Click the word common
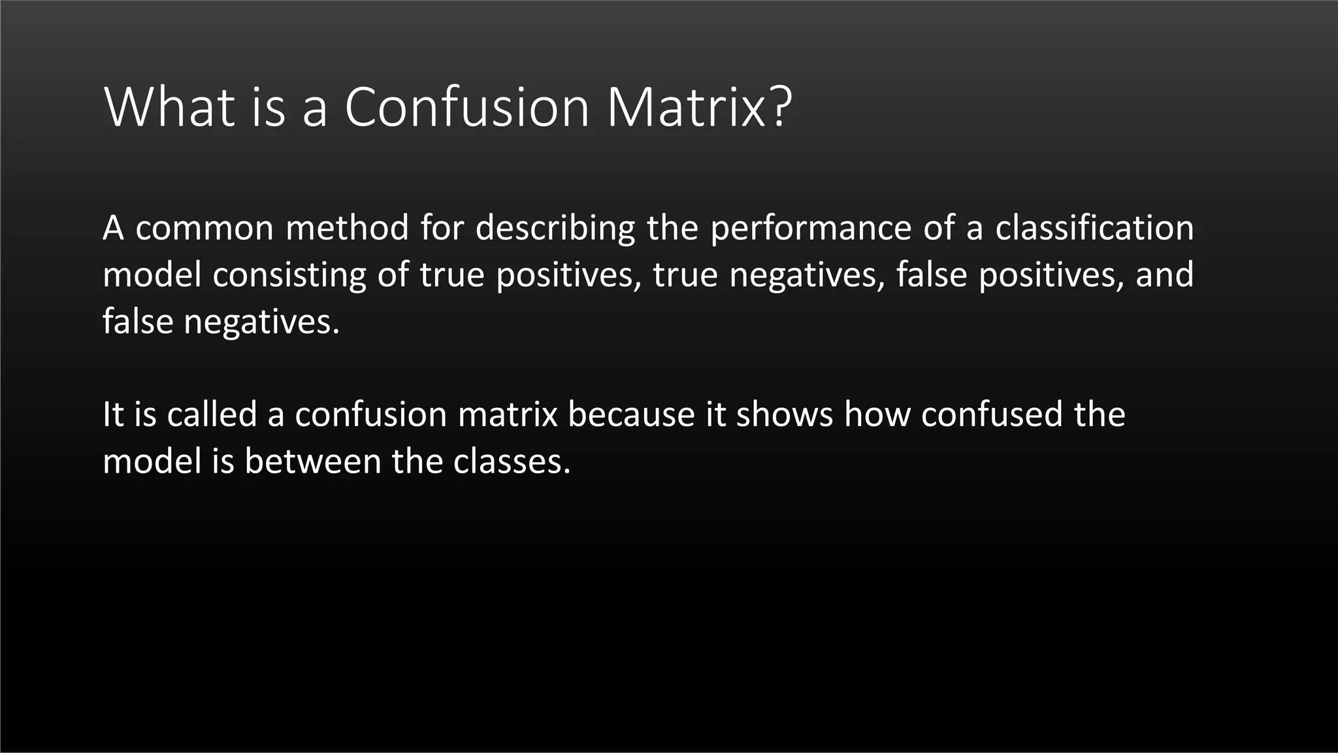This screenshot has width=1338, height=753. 204,228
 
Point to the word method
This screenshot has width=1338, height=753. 348,228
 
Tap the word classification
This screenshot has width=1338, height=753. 1094,228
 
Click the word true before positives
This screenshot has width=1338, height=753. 452,275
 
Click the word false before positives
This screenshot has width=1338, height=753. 931,275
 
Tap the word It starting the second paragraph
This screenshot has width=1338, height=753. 112,414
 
